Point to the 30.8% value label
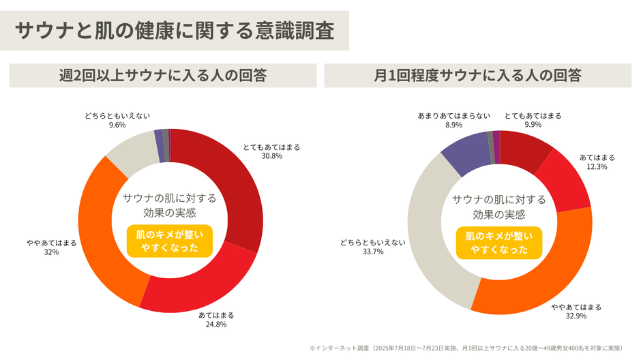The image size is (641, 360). [x=271, y=156]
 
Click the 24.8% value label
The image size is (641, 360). [x=216, y=324]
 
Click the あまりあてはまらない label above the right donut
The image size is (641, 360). [x=453, y=116]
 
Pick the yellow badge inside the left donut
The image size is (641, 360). [x=170, y=241]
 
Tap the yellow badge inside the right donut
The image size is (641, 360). [x=499, y=243]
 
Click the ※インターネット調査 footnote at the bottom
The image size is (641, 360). [x=465, y=348]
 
